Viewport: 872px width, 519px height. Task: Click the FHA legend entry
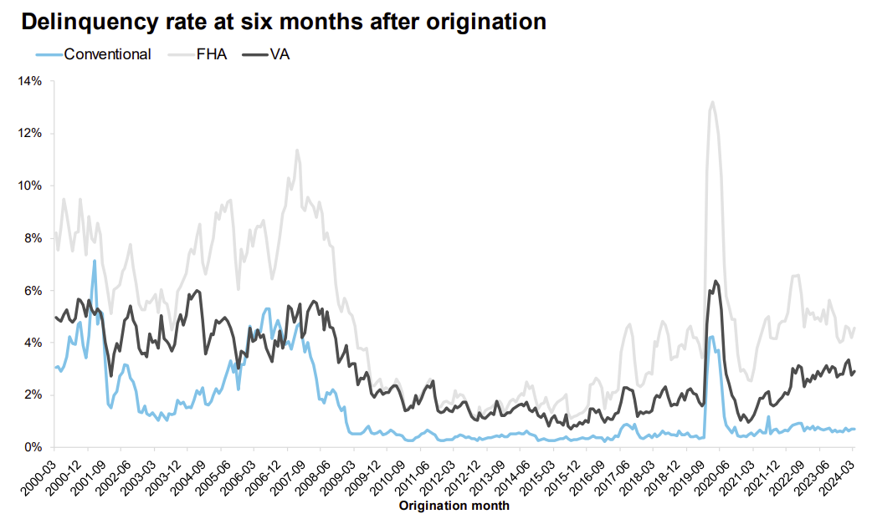209,54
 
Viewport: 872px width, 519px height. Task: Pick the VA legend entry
280,54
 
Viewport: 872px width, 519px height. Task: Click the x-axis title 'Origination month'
454,506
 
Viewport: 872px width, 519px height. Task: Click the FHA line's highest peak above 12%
712,102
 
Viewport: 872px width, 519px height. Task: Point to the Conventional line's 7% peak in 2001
95,261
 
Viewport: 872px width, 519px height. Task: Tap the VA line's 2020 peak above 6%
716,281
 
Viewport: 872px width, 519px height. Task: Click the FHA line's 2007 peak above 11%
297,150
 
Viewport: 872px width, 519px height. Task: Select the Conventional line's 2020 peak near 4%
710,337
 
